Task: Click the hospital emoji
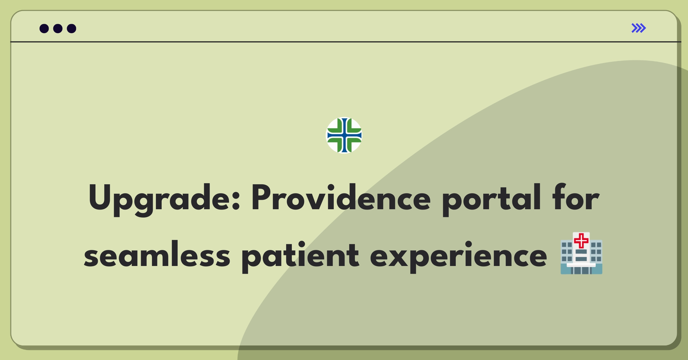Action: click(x=581, y=253)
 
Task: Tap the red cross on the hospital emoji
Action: click(x=581, y=241)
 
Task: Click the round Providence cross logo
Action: click(x=344, y=135)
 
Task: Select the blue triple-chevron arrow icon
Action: click(x=638, y=28)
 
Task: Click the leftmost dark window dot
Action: click(x=44, y=28)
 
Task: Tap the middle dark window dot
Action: click(x=58, y=28)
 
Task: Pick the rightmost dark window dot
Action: click(x=72, y=28)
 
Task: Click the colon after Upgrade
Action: click(x=236, y=201)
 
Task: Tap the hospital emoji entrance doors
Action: click(x=581, y=271)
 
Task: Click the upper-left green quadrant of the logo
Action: click(x=335, y=126)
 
